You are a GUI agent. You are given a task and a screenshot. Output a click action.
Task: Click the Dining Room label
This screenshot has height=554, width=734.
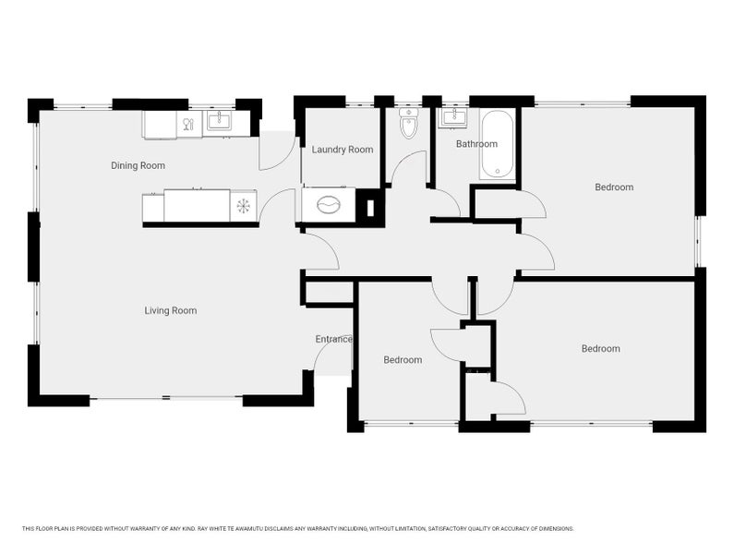pos(138,165)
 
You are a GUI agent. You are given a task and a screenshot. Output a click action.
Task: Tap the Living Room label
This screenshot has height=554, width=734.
pos(171,310)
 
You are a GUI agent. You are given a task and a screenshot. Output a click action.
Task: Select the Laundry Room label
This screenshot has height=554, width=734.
pos(343,150)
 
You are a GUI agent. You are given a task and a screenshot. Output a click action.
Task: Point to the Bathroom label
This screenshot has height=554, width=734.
pos(476,144)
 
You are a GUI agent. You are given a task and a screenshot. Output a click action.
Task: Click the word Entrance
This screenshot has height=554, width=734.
pos(334,339)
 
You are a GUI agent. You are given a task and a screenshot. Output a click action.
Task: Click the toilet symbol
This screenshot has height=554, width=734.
pos(408,123)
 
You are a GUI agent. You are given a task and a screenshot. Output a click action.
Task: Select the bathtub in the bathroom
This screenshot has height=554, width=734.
pos(497,144)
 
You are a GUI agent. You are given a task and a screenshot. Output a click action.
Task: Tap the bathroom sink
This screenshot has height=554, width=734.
pos(452,117)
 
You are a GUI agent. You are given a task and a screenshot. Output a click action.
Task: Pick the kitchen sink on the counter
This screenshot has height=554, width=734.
pos(219,121)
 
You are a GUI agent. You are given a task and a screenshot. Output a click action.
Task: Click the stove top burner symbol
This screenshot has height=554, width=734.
pos(244,206)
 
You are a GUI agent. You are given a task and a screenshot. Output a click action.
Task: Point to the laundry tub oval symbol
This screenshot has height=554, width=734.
pos(328,205)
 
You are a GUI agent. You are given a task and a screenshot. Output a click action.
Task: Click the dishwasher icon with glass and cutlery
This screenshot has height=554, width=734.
pos(189,124)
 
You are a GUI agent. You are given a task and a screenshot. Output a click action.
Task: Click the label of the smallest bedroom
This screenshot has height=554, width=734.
pos(403,360)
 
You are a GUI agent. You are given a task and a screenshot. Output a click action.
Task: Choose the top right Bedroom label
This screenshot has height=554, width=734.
pos(614,187)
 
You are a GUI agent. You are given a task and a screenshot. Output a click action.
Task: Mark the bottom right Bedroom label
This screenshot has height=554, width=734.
pos(601,348)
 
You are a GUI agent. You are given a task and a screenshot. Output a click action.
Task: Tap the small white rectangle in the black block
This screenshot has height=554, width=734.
pos(370,208)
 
